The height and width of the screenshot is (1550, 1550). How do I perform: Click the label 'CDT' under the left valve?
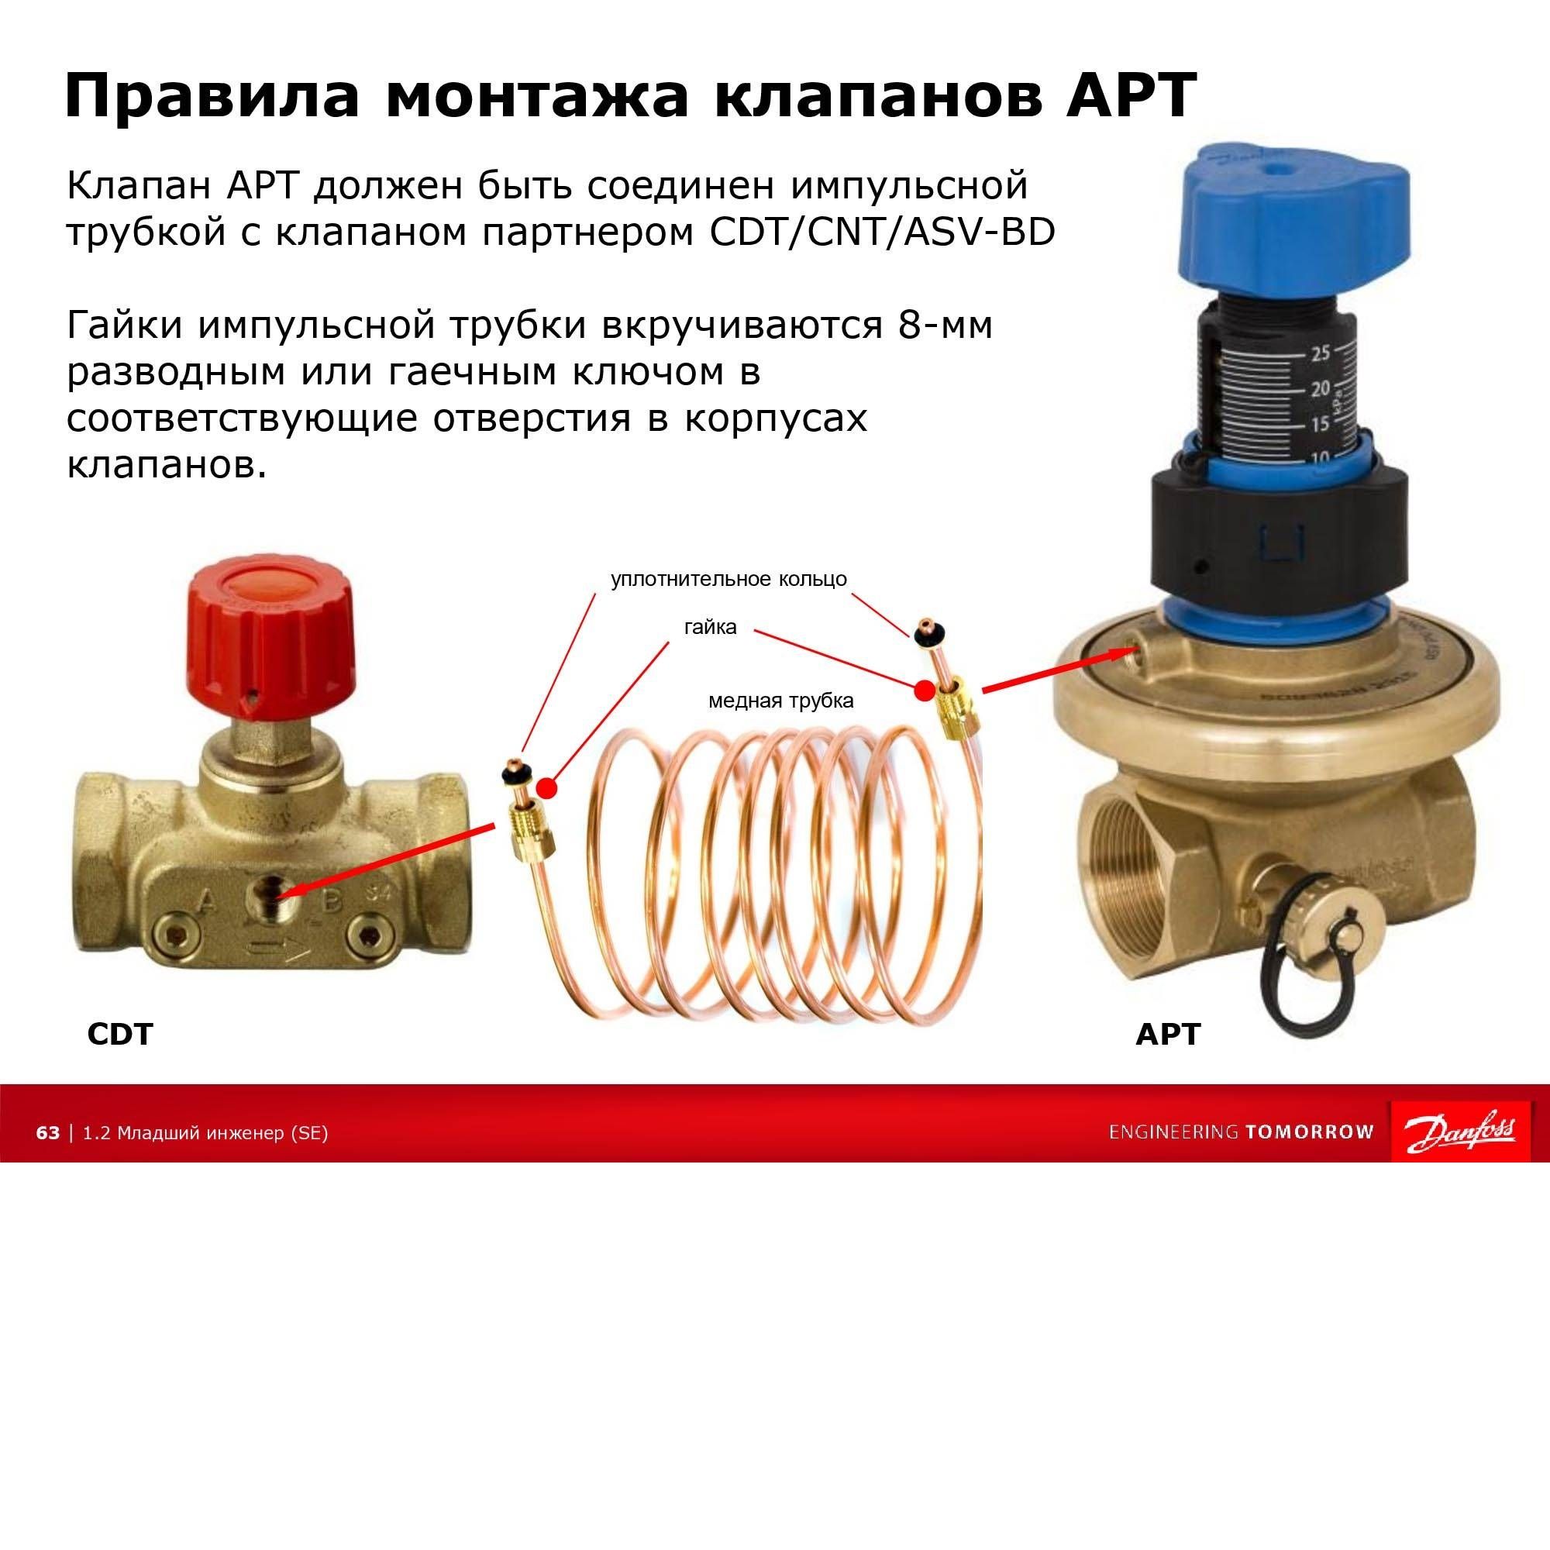point(119,1034)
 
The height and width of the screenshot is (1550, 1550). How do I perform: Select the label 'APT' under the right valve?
point(1167,1034)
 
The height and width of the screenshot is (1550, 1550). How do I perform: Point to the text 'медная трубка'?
point(780,701)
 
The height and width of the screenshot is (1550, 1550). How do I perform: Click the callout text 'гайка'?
point(710,626)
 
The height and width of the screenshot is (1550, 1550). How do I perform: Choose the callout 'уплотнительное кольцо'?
point(728,578)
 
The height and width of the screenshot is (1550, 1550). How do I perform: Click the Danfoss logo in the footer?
point(1459,1131)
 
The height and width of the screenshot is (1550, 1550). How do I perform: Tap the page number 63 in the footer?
point(48,1132)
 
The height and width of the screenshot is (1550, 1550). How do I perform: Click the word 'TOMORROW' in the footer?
point(1309,1132)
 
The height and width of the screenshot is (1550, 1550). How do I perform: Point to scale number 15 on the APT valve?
point(1320,424)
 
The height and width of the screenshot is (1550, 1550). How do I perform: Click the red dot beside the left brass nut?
point(546,788)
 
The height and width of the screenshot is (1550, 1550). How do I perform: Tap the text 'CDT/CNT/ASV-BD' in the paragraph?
point(883,232)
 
